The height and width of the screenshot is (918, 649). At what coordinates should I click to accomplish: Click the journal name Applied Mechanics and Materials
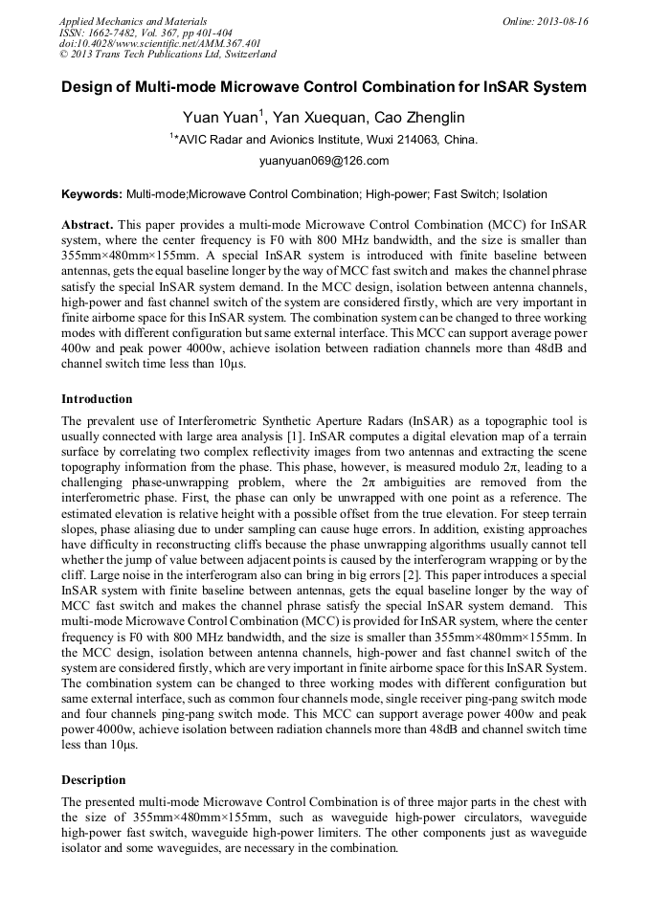[x=133, y=20]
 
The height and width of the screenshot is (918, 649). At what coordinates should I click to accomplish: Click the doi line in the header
[x=146, y=43]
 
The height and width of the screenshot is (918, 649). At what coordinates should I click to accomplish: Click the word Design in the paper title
[x=88, y=87]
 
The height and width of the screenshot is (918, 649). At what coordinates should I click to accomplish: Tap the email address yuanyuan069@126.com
[x=324, y=161]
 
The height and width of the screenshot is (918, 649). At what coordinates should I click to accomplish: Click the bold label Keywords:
[x=92, y=194]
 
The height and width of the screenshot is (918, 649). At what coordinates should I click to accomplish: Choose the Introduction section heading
[x=97, y=398]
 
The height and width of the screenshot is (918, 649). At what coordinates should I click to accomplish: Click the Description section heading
[x=93, y=779]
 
